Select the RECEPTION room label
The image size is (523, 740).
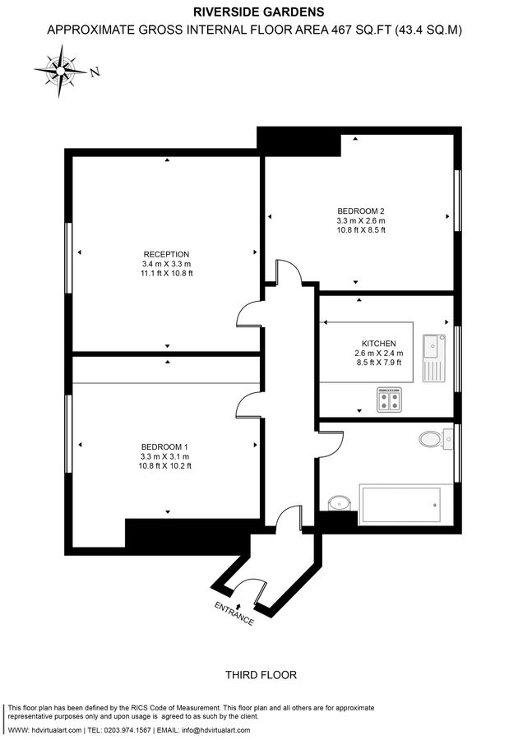pos(167,254)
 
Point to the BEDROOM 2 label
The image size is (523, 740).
pos(361,210)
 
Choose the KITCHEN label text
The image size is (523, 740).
pos(378,344)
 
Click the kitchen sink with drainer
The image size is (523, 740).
pos(433,357)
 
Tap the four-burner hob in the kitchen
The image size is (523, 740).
pos(389,400)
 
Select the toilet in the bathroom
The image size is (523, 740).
pos(432,439)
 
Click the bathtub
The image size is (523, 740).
pos(400,504)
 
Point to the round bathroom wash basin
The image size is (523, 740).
pos(338,501)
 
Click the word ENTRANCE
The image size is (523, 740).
pos(234,613)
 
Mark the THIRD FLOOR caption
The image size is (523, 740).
pos(261,675)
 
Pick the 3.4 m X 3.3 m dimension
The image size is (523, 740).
pos(166,264)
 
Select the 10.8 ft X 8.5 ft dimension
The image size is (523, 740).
pos(361,230)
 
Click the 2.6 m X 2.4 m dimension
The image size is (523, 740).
pos(378,354)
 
